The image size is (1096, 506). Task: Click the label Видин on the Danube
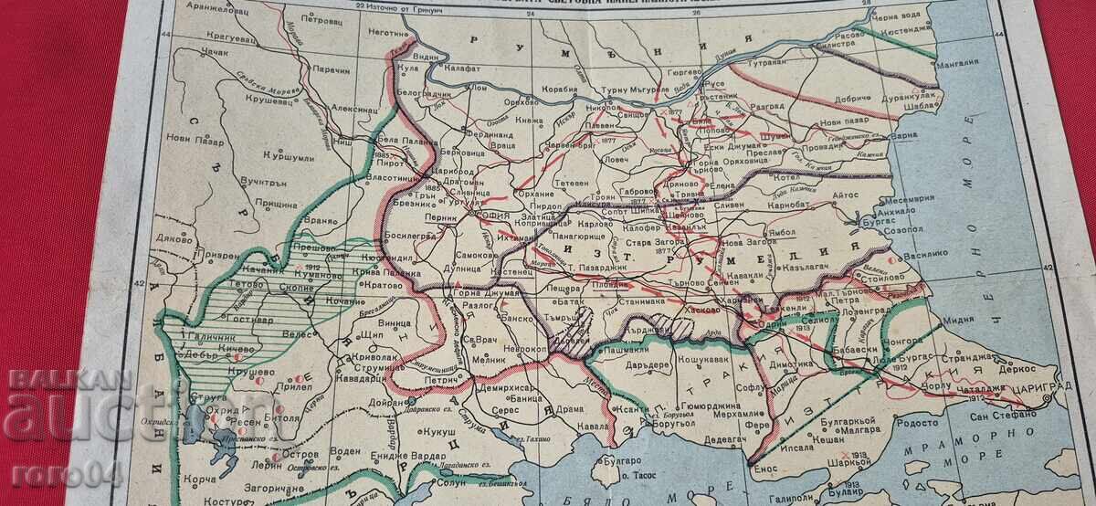coord(432,57)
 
